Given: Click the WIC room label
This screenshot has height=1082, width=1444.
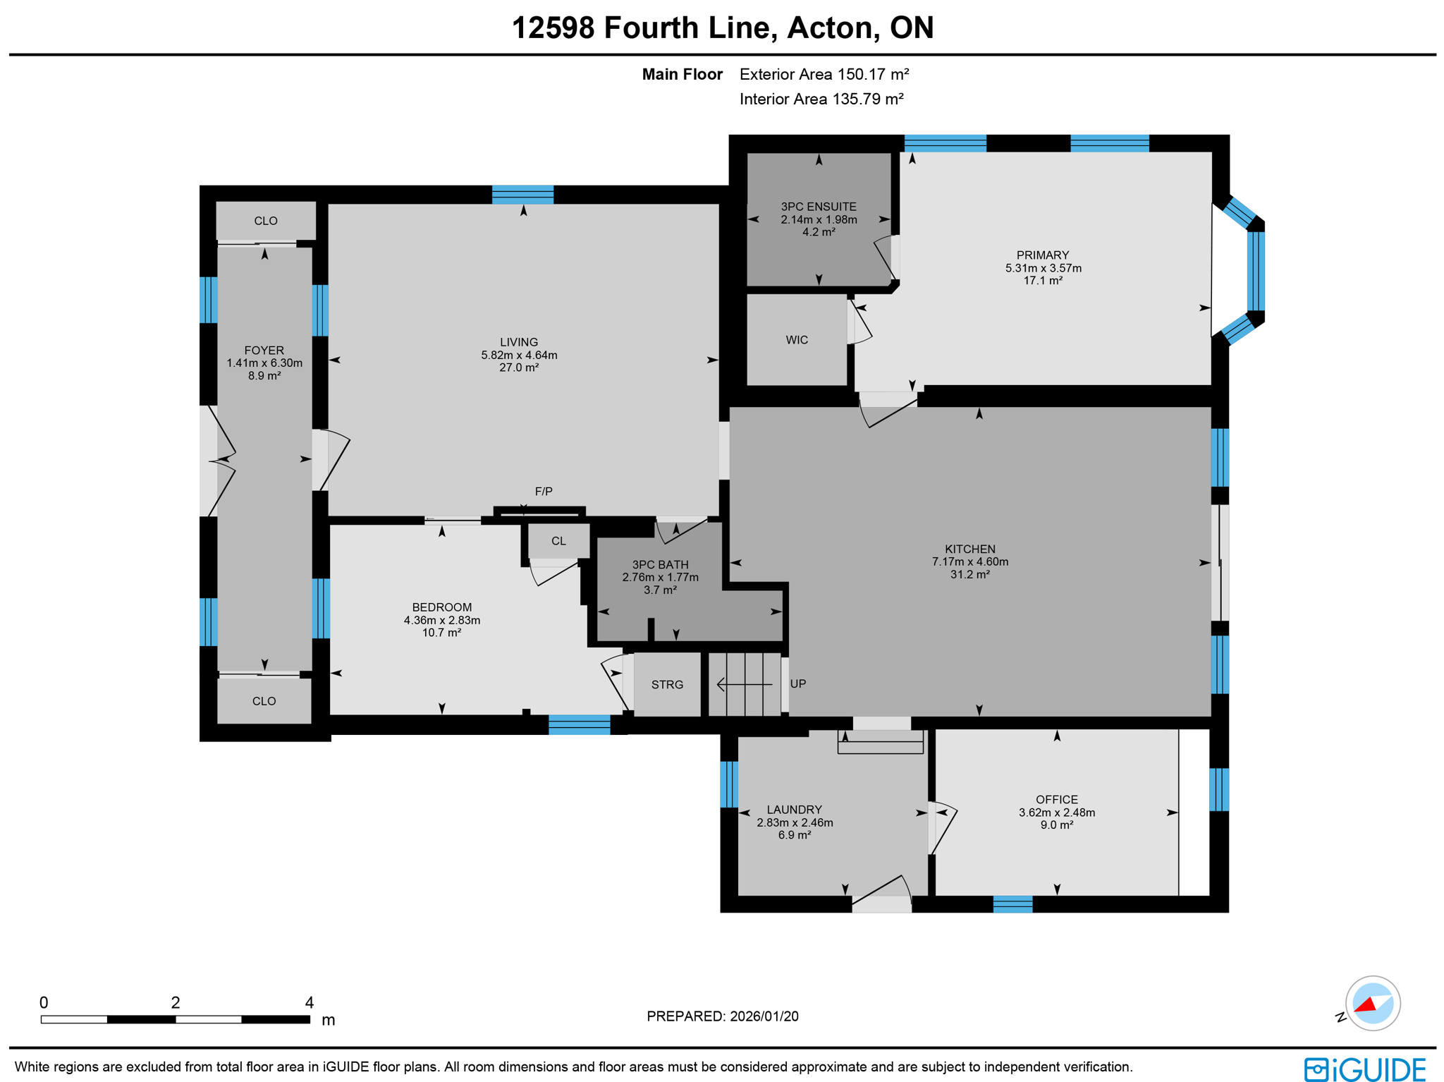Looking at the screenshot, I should (796, 340).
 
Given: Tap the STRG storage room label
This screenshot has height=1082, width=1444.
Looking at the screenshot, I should (666, 684).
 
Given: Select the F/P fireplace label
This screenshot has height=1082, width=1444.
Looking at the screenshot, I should (543, 491).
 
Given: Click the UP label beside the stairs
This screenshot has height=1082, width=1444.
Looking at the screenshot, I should (797, 683).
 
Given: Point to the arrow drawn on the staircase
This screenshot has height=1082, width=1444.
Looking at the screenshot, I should (743, 684).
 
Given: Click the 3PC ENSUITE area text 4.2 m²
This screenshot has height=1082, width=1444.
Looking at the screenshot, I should (818, 232).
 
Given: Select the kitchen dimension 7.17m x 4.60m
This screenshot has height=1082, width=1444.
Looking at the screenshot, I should (969, 561).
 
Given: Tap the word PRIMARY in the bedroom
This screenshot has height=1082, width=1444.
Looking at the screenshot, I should (1042, 255).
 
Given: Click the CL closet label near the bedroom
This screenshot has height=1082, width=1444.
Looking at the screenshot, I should (558, 541).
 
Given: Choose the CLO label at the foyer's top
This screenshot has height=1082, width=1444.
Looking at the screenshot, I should (265, 221).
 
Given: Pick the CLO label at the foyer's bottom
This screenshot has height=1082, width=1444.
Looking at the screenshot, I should (264, 701).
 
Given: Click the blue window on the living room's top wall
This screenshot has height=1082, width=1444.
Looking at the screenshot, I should (522, 194).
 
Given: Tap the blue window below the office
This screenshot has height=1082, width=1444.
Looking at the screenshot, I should (1012, 904).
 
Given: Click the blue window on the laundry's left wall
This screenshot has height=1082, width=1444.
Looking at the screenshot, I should (728, 784).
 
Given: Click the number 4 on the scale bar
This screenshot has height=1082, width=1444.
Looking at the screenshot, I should (309, 1002).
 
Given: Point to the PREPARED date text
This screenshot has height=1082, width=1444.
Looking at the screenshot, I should (722, 1016).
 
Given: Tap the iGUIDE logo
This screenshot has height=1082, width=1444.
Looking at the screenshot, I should (1364, 1069).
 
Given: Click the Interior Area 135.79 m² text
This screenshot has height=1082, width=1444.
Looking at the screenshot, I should (821, 99).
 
